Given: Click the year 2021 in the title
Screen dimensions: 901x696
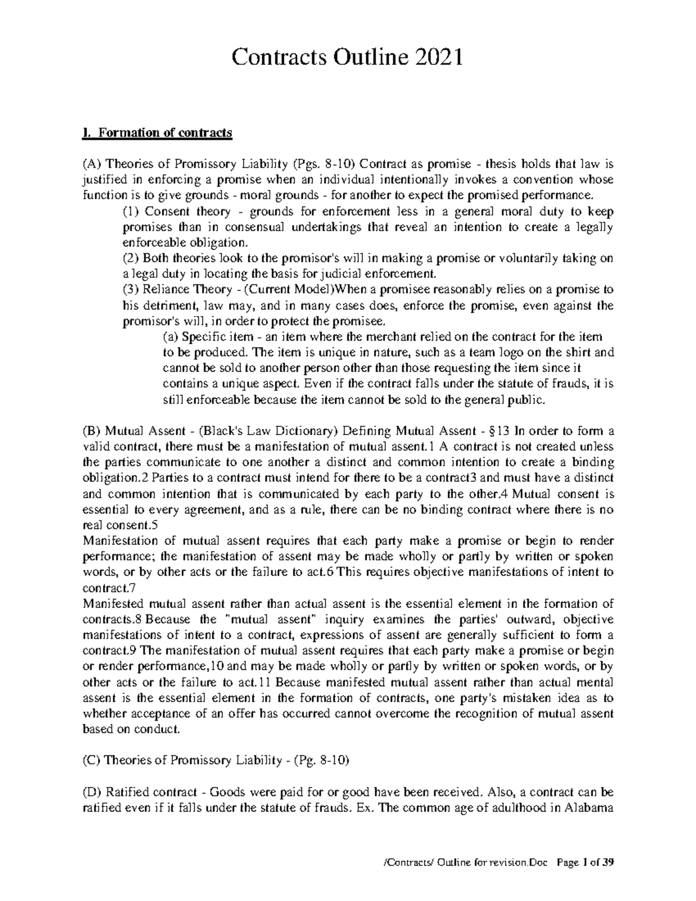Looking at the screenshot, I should pos(435,58).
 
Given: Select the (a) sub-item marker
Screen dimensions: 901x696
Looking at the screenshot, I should pos(169,336).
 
